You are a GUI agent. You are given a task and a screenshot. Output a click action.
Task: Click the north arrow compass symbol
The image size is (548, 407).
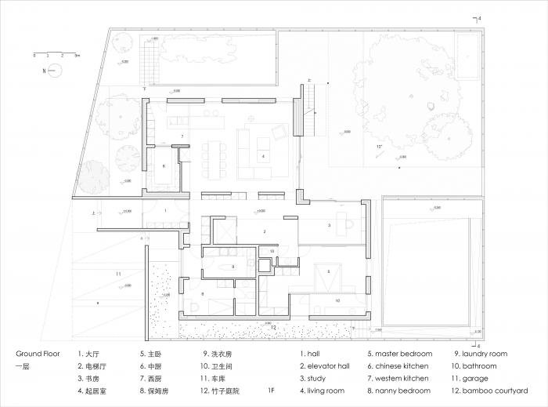[55, 71]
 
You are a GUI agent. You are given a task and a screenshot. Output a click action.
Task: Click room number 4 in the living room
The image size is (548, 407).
[263, 157]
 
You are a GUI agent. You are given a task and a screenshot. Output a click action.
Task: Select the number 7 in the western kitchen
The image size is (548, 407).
[182, 136]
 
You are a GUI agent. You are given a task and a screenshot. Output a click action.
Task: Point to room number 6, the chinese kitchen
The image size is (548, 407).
[164, 166]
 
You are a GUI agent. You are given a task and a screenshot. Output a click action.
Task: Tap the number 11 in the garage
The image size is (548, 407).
[118, 274]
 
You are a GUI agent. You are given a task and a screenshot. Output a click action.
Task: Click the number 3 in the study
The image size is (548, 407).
[329, 225]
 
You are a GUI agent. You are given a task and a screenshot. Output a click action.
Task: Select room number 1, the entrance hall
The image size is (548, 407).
[165, 211]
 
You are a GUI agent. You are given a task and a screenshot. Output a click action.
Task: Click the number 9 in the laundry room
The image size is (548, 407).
[233, 267]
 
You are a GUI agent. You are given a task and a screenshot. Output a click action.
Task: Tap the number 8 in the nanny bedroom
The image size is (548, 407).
[202, 294]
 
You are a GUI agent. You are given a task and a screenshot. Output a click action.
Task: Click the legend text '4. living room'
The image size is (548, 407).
[322, 391]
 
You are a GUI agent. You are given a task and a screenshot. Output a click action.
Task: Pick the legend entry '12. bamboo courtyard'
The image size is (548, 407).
[491, 391]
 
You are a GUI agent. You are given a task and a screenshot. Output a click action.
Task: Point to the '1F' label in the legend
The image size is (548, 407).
[270, 391]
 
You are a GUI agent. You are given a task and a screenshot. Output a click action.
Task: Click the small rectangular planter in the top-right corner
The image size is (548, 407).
[468, 53]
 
